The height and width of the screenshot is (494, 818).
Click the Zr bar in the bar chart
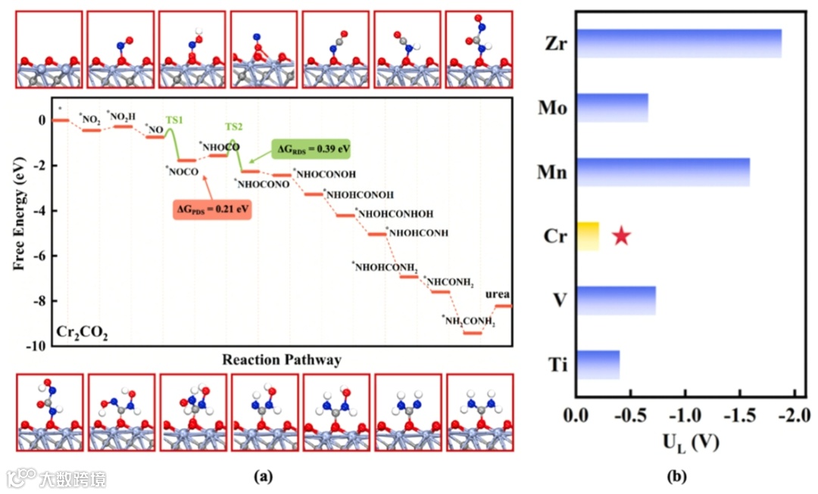coord(679,44)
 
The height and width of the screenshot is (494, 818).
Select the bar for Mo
coord(612,107)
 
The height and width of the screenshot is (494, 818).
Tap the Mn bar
coord(663,172)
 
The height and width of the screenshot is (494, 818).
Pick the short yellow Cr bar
coord(588,236)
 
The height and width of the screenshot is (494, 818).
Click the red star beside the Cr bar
coord(621,236)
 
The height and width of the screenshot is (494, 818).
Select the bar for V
coord(616,300)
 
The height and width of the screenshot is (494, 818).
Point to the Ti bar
coord(598,364)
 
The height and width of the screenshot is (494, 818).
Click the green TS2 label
coord(235,126)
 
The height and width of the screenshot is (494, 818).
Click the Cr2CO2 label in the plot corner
coord(83,332)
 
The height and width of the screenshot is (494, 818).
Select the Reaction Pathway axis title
coord(281,360)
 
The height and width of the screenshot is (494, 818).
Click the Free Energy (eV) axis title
coord(17,221)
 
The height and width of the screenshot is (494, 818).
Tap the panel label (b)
coord(676,477)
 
